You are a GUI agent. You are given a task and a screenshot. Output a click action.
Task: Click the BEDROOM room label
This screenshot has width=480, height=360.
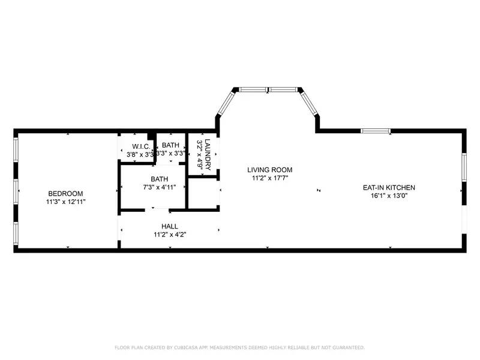[x=65, y=193]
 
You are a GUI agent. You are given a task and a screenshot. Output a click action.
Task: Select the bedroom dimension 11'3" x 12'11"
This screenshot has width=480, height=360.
[x=65, y=202]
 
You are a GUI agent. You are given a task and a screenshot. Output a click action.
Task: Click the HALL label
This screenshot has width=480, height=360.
[x=169, y=226]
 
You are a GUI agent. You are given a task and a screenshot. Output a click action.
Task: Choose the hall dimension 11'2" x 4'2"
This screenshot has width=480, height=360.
[x=169, y=235]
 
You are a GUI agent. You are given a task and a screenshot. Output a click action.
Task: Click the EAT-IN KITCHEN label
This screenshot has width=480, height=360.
[x=389, y=187]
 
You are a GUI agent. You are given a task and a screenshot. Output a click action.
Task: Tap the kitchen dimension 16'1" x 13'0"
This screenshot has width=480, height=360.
[x=389, y=196]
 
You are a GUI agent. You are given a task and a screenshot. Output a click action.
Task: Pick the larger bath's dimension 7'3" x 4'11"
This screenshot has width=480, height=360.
[x=160, y=188]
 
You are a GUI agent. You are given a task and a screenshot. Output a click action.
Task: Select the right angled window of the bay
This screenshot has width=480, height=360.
[x=310, y=103]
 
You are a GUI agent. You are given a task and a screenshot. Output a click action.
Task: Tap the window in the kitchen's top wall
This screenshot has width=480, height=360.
[x=376, y=130]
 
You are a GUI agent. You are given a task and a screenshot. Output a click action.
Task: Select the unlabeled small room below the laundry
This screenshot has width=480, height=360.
[x=204, y=193]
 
